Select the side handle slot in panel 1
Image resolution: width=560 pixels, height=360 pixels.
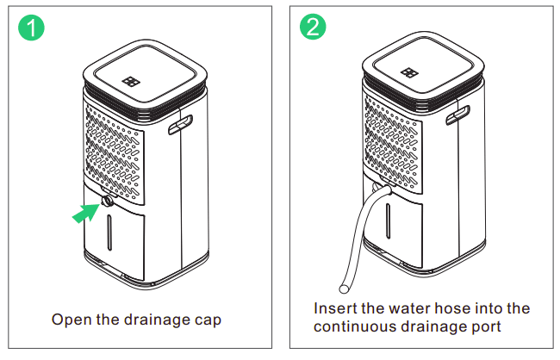click(x=181, y=127)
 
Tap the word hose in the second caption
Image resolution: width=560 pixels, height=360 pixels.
click(x=464, y=308)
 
